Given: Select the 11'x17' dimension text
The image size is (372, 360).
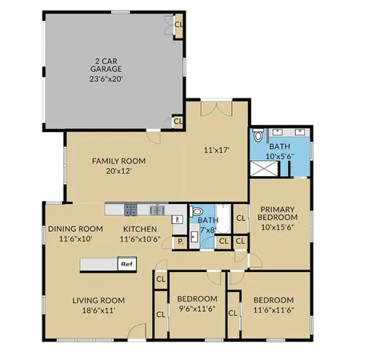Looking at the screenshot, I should point(216,149).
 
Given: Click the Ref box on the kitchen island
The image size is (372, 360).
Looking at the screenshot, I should point(126,262).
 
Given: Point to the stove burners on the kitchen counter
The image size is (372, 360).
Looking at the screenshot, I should point(132,209).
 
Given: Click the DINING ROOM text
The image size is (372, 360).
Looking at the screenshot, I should point(75,229).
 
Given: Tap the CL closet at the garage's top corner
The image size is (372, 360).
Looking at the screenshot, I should point(178,24).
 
